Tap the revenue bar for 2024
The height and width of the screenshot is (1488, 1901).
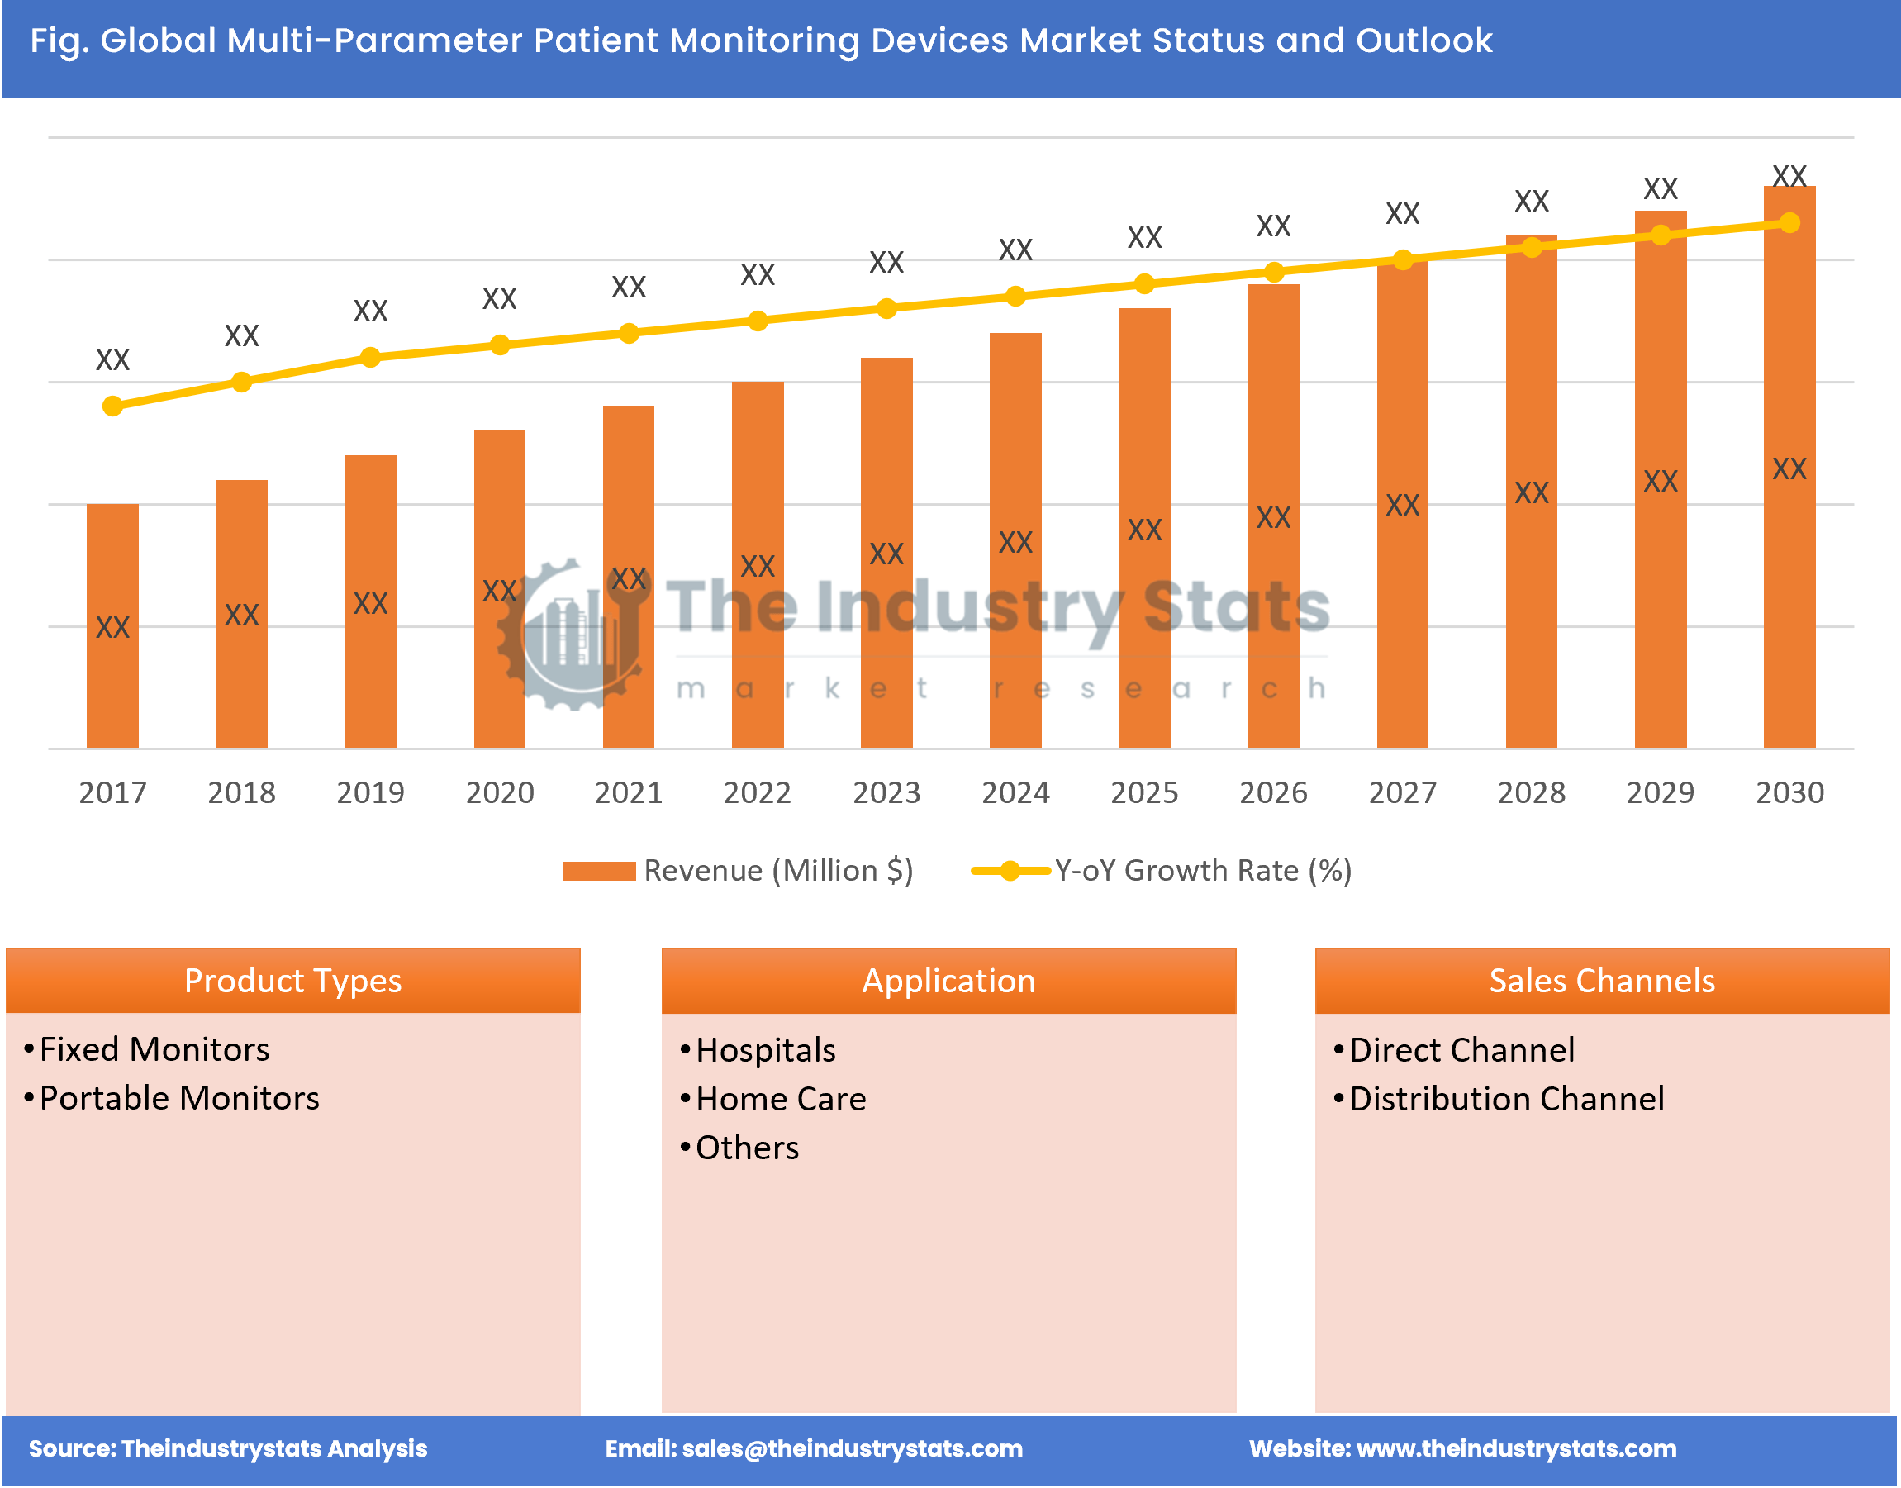click(x=1015, y=540)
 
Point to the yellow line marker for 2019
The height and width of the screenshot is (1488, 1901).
click(x=370, y=357)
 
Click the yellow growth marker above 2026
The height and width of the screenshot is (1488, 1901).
click(x=1273, y=273)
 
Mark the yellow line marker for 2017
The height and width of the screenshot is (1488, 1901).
click(x=112, y=406)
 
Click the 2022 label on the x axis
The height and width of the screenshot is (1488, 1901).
click(x=757, y=792)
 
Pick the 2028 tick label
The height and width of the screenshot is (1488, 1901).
click(x=1531, y=792)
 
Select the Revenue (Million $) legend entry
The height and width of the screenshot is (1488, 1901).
click(x=739, y=870)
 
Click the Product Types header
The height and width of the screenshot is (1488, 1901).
click(x=292, y=981)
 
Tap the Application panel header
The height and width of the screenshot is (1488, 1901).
click(x=948, y=981)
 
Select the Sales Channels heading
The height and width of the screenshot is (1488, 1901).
click(x=1601, y=981)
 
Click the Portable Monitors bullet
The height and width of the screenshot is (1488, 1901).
click(x=179, y=1099)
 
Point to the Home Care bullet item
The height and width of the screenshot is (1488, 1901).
click(x=781, y=1100)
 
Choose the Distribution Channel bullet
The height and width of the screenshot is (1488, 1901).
click(x=1506, y=1100)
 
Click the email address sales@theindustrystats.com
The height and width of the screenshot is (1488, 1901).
click(x=851, y=1449)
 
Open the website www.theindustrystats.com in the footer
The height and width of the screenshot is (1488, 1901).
click(x=1516, y=1449)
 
